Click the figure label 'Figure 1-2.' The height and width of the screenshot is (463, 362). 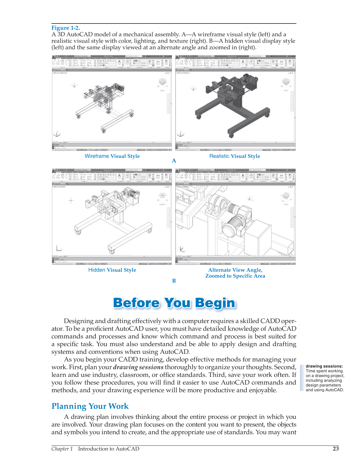(66, 28)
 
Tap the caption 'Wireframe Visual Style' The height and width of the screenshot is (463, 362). (112, 156)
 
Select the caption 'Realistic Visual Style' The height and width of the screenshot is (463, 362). (235, 156)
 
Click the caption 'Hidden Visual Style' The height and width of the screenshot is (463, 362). (112, 270)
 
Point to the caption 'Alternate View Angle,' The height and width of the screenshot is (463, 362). (235, 270)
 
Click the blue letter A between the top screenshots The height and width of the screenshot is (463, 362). (174, 161)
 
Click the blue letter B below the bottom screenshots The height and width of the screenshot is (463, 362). (174, 281)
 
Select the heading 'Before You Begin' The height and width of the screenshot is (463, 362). (174, 303)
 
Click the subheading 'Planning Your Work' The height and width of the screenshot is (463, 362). (90, 406)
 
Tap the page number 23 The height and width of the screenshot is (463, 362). (336, 449)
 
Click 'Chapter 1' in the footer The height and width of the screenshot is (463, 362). (62, 449)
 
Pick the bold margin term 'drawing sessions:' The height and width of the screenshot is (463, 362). (324, 366)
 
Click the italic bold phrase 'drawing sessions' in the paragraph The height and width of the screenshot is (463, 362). (138, 367)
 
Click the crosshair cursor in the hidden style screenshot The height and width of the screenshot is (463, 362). (71, 200)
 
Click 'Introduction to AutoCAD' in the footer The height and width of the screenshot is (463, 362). (109, 449)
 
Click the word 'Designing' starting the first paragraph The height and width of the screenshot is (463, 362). (79, 321)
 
